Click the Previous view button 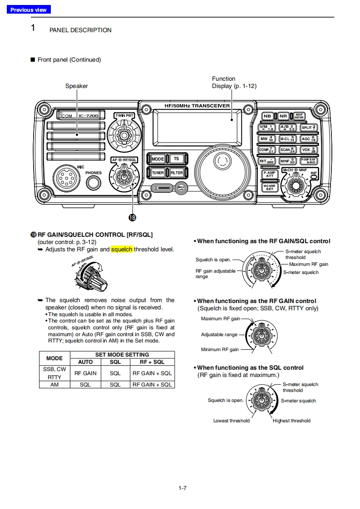pyautogui.click(x=29, y=10)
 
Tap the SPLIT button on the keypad pyautogui.click(x=309, y=127)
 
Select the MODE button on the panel pyautogui.click(x=158, y=159)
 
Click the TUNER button pyautogui.click(x=158, y=173)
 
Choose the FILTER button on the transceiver pyautogui.click(x=176, y=173)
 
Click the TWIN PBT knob pyautogui.click(x=124, y=134)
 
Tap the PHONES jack pyautogui.click(x=94, y=182)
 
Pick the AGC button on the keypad pyautogui.click(x=309, y=139)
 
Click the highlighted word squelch pyautogui.click(x=122, y=249)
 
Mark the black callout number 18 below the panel pyautogui.click(x=132, y=218)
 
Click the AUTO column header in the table pyautogui.click(x=85, y=362)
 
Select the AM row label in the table pyautogui.click(x=54, y=384)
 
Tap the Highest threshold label pyautogui.click(x=291, y=421)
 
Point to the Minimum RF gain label pyautogui.click(x=220, y=350)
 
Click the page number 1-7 pyautogui.click(x=182, y=488)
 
